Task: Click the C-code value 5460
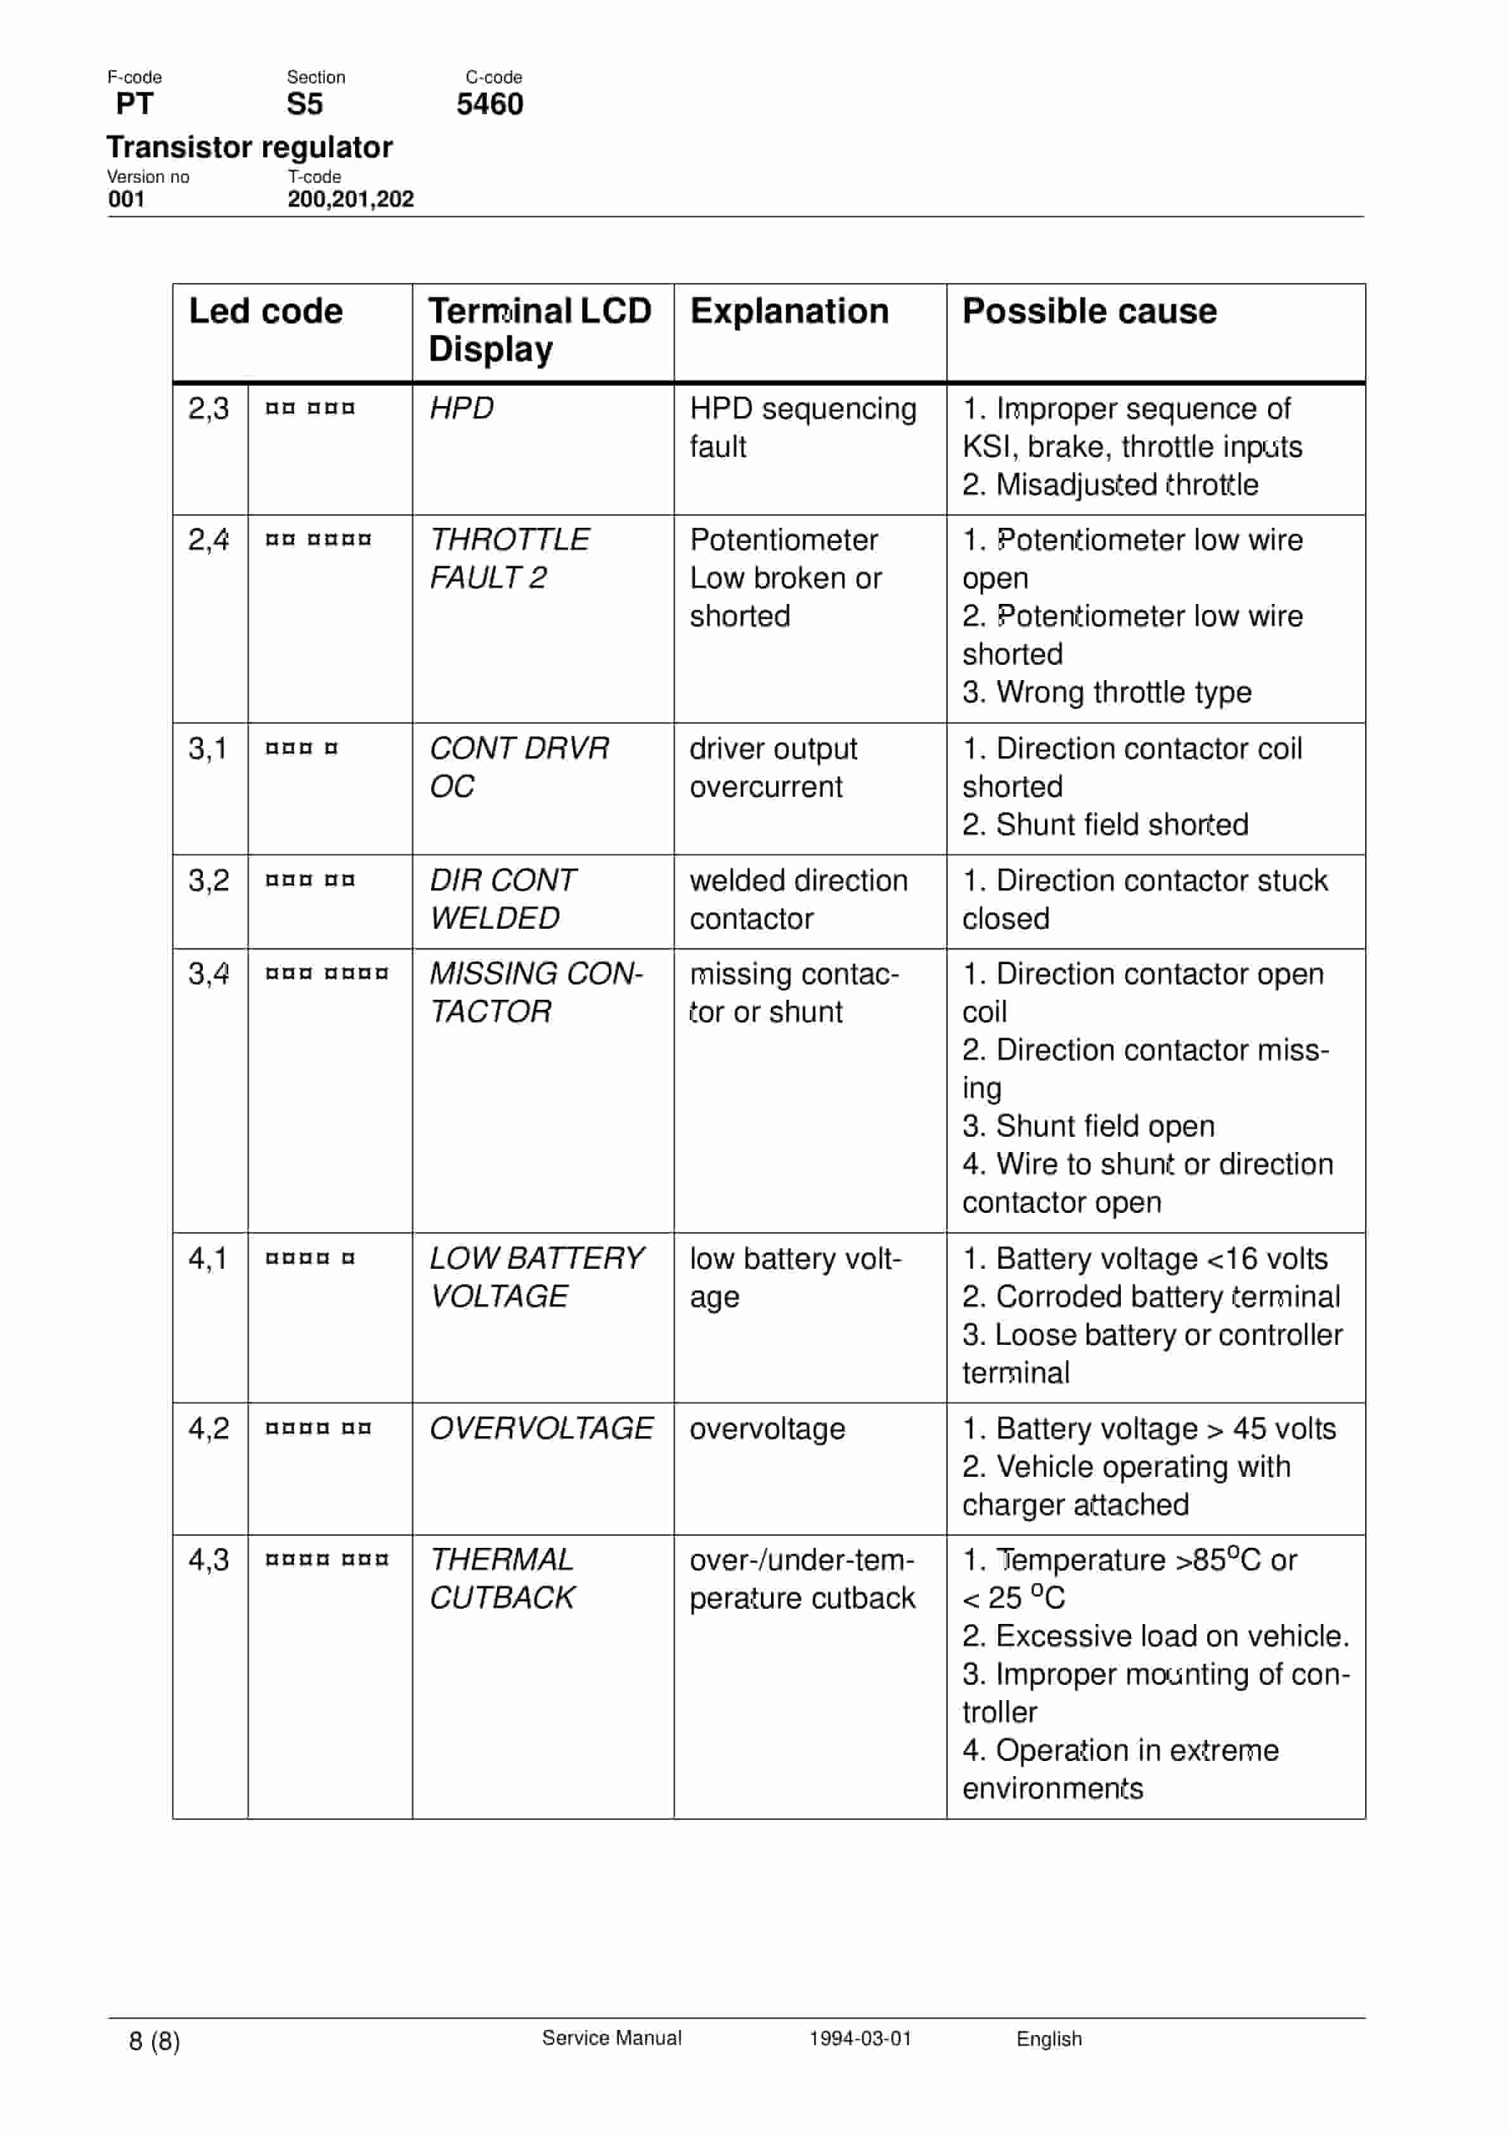[x=489, y=104]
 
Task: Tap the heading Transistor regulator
[x=249, y=147]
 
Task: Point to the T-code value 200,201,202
[x=350, y=199]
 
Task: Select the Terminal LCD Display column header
[x=540, y=330]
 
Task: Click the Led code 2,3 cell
[x=208, y=408]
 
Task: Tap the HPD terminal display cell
[x=461, y=408]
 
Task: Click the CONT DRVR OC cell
[x=519, y=767]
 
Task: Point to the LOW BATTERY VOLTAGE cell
[x=535, y=1276]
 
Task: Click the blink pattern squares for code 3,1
[x=302, y=748]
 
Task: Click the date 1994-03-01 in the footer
[x=860, y=2038]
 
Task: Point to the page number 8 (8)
[x=154, y=2040]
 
